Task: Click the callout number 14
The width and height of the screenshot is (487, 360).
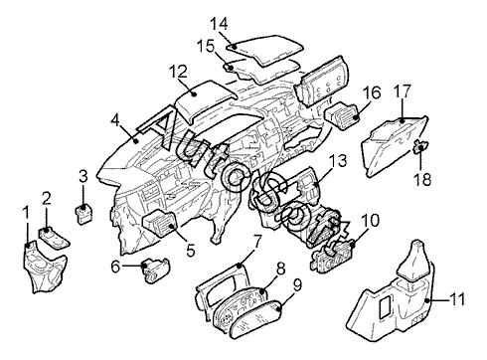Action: coord(219,24)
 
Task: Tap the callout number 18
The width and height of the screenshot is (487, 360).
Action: coord(422,180)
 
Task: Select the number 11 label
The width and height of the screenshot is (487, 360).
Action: coord(456,299)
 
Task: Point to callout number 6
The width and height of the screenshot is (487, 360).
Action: coord(115,267)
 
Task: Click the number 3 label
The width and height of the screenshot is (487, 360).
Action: coord(83,176)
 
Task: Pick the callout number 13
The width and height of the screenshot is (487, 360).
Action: coord(338,161)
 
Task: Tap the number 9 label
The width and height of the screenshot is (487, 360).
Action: coord(297,285)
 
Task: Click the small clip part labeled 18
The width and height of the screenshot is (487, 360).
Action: coord(420,146)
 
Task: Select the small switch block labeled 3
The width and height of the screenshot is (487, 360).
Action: coord(82,214)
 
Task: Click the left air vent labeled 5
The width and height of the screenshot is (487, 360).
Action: coord(160,224)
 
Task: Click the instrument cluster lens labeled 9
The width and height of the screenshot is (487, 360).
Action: coord(256,318)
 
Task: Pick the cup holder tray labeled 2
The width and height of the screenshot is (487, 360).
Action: coord(54,238)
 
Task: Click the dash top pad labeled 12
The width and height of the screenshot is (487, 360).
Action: coord(206,100)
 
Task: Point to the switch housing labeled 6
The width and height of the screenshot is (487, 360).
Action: coord(156,270)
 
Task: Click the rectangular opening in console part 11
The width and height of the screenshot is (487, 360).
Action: coord(386,307)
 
